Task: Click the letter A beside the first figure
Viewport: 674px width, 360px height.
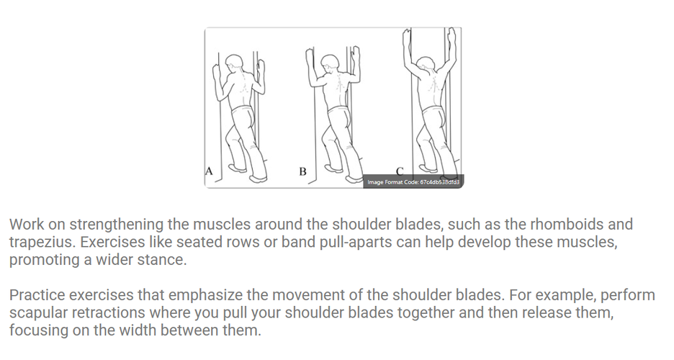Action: pyautogui.click(x=209, y=171)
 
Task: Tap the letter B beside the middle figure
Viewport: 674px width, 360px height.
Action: pyautogui.click(x=302, y=171)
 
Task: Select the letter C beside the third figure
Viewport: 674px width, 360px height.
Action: pyautogui.click(x=400, y=171)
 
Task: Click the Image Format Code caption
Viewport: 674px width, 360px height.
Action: pyautogui.click(x=413, y=182)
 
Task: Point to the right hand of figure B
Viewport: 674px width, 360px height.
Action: pyautogui.click(x=356, y=59)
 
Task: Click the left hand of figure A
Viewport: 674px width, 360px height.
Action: pyautogui.click(x=216, y=74)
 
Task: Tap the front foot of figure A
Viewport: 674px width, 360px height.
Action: pyautogui.click(x=259, y=179)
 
